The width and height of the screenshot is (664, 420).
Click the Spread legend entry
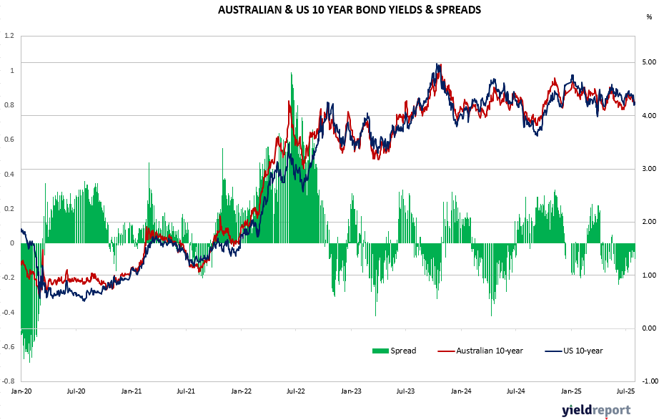tap(403, 351)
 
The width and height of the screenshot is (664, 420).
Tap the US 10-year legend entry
tap(583, 351)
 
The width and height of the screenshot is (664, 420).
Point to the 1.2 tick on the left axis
tap(9, 35)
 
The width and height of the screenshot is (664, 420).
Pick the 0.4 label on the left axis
tap(9, 174)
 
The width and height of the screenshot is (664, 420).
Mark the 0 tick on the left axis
tap(12, 243)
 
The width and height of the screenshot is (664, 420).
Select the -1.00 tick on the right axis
tap(648, 381)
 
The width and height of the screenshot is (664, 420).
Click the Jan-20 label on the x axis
tap(21, 392)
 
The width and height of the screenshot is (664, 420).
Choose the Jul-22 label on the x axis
tap(295, 392)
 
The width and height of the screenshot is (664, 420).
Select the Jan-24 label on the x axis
tap(460, 392)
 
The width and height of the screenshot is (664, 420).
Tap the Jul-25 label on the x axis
tap(625, 392)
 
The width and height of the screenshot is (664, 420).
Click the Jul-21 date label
tap(186, 392)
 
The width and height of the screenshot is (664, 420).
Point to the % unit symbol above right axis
tap(649, 16)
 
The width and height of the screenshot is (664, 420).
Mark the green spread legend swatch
tap(379, 351)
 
